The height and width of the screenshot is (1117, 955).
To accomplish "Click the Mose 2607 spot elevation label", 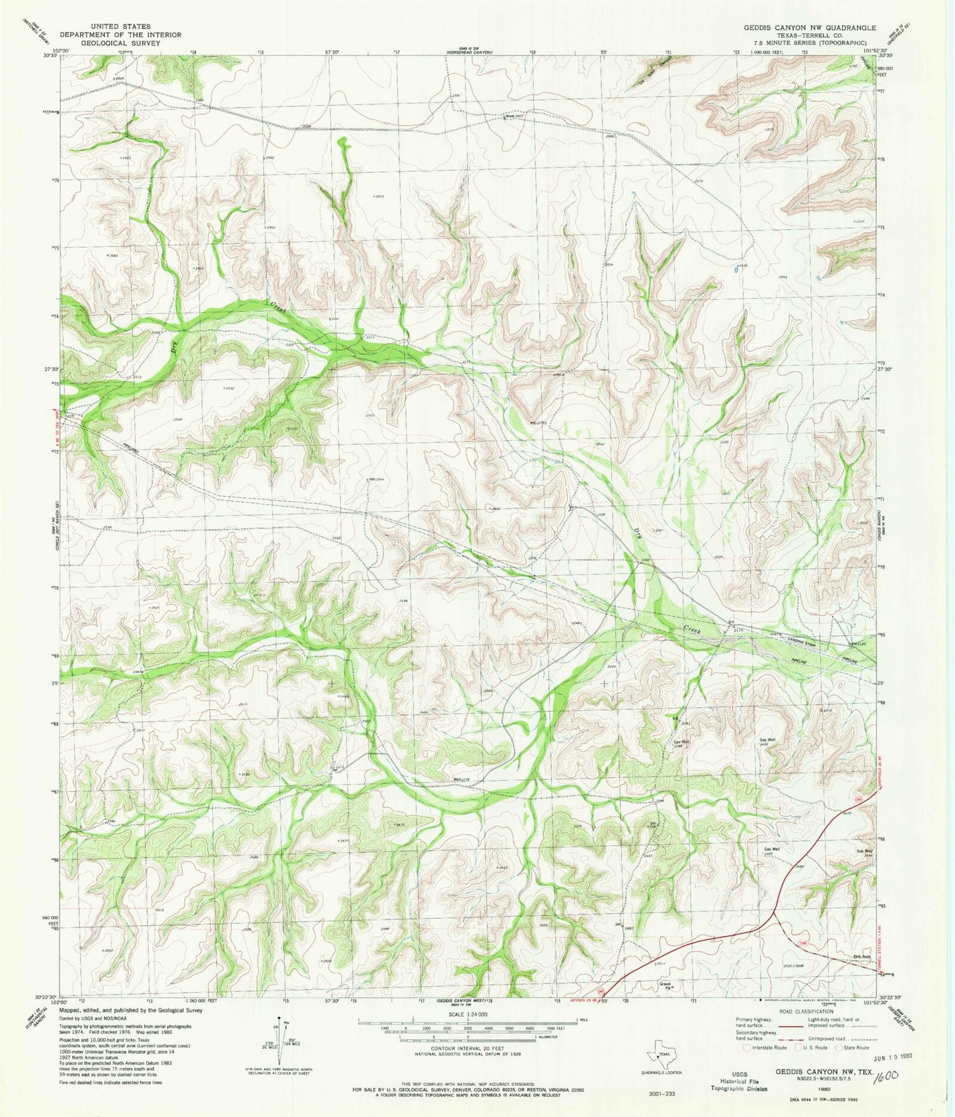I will tap(515, 116).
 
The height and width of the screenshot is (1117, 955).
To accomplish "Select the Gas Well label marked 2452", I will tap(766, 740).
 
